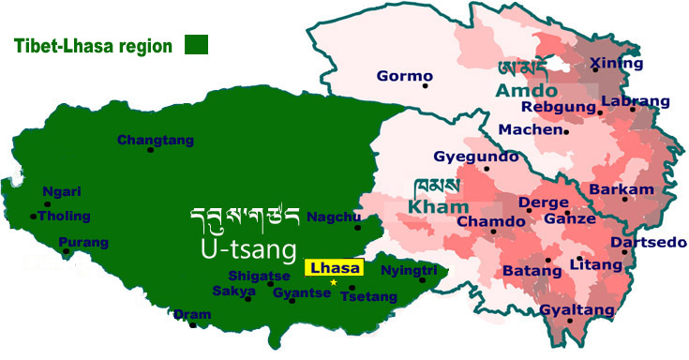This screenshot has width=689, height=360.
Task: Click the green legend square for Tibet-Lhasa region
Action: [x=196, y=44]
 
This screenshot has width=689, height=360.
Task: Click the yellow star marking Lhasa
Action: [x=333, y=282]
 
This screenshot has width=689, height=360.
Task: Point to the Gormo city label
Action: [x=404, y=76]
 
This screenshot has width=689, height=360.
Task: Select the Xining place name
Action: [x=617, y=64]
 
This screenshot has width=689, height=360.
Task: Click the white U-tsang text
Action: [x=252, y=247]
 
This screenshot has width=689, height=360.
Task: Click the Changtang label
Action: [x=156, y=141]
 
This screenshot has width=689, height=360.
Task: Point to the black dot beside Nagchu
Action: [x=357, y=227]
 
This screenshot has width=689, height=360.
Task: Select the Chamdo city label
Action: [x=492, y=221]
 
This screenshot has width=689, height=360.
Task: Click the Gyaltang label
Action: [x=577, y=310]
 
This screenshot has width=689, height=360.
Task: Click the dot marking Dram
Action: [x=192, y=324]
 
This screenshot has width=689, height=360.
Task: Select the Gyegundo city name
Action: [x=468, y=157]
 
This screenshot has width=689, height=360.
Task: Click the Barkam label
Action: [x=621, y=189]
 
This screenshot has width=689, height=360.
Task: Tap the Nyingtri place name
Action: [x=410, y=270]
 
